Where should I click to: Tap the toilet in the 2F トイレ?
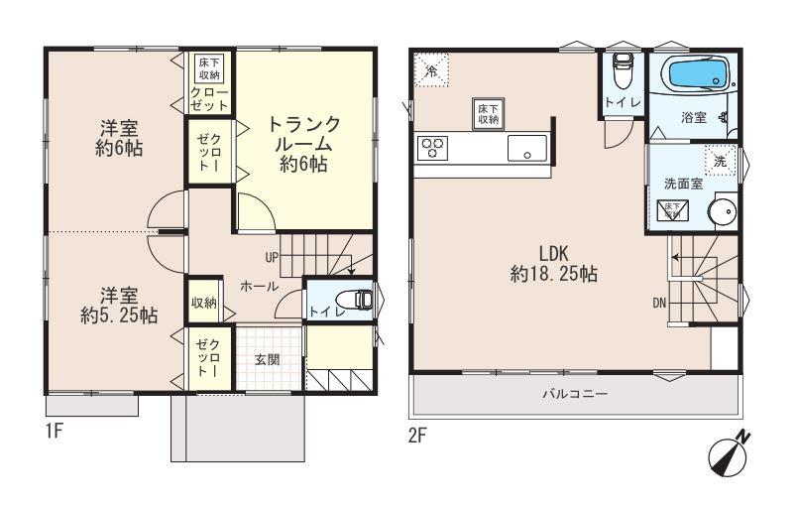[x=622, y=71]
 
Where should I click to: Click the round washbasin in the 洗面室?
[x=725, y=214]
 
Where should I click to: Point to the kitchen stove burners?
[x=432, y=150]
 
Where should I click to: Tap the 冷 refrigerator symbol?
[x=429, y=69]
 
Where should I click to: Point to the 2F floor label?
[x=416, y=433]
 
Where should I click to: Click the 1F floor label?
[x=56, y=433]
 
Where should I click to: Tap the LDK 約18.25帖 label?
[x=552, y=264]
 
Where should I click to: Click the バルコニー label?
[x=574, y=393]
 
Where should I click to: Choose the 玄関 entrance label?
[x=267, y=359]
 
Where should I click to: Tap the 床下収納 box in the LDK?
[x=487, y=113]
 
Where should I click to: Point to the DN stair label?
[x=657, y=304]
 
